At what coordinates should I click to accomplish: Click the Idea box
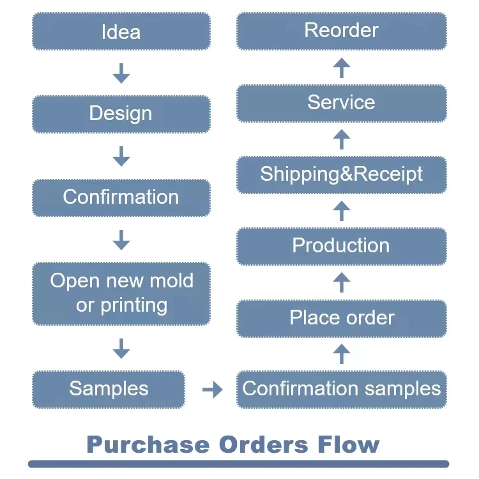121,31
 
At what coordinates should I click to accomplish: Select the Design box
121,114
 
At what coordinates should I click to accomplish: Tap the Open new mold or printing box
121,294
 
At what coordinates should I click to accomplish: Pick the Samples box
109,390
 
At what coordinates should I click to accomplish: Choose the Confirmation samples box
342,390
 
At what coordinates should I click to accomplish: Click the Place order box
342,319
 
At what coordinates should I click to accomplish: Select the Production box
342,247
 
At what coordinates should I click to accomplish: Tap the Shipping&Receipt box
342,175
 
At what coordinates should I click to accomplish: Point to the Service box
342,103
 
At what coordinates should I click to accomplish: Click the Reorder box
342,31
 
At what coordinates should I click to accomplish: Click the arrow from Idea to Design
121,73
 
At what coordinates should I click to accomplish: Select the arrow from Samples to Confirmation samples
213,390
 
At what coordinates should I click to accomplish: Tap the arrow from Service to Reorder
342,68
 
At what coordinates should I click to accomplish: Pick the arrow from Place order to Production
342,282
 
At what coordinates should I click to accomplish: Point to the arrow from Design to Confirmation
121,156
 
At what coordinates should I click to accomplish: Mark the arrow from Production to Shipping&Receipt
342,211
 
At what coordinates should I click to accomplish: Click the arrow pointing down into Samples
121,349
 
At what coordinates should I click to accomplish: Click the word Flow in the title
349,444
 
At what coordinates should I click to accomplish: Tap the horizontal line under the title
239,464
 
